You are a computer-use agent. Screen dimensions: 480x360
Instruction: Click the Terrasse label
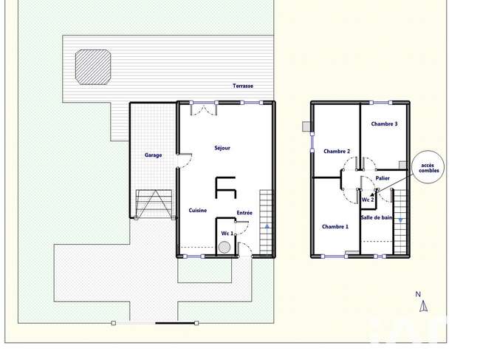tap(243, 86)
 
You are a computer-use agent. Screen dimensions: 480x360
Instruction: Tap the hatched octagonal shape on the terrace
tap(93, 67)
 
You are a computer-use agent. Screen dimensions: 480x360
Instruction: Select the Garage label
tap(154, 155)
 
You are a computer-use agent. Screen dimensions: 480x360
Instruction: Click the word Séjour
tap(222, 148)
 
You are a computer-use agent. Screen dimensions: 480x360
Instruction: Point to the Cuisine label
tap(198, 211)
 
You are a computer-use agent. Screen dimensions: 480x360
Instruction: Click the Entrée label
tap(244, 213)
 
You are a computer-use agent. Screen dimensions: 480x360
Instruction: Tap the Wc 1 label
tap(227, 234)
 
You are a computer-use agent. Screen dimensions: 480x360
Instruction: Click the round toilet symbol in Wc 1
tap(224, 247)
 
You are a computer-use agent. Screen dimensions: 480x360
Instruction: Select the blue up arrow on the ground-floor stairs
tap(267, 226)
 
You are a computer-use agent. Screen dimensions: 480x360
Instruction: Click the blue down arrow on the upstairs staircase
tap(400, 220)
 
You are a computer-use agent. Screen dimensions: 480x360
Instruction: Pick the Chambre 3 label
tap(384, 124)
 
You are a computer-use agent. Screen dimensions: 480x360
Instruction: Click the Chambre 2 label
tap(337, 152)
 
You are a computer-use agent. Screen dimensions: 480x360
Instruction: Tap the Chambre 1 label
tap(335, 227)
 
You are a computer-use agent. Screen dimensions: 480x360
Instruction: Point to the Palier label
tap(383, 178)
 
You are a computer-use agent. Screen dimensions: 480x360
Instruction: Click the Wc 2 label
tap(368, 200)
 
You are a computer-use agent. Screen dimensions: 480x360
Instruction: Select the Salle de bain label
tap(377, 217)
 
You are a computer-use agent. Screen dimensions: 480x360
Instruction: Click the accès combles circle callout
tap(428, 167)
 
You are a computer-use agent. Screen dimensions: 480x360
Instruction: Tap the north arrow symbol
tap(423, 306)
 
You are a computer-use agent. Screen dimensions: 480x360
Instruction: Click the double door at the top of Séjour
tap(204, 109)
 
